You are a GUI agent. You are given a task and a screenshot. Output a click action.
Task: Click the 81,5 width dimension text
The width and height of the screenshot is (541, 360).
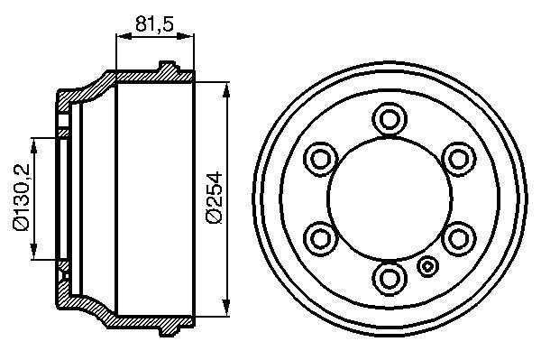[x=154, y=23]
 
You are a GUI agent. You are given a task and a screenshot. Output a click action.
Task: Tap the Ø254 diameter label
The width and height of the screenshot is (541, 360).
[x=214, y=197]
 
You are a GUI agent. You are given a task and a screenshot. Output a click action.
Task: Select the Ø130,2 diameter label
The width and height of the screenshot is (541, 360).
[x=22, y=197]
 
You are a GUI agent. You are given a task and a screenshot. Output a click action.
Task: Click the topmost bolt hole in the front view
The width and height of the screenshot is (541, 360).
[x=390, y=119]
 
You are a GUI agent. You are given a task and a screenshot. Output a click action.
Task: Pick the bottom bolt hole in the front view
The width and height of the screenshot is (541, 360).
[x=390, y=279]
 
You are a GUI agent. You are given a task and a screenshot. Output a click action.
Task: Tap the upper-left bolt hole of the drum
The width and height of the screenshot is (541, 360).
[x=320, y=159]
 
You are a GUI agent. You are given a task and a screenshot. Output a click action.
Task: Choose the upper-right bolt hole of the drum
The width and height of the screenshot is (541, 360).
[x=459, y=159]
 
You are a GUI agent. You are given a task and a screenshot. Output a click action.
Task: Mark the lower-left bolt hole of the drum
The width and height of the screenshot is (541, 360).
[x=320, y=239]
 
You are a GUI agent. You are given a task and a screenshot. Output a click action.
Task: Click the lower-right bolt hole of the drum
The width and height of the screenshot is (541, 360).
[x=459, y=239]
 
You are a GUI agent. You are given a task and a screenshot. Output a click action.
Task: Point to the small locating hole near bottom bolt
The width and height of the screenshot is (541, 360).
[x=427, y=266]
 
